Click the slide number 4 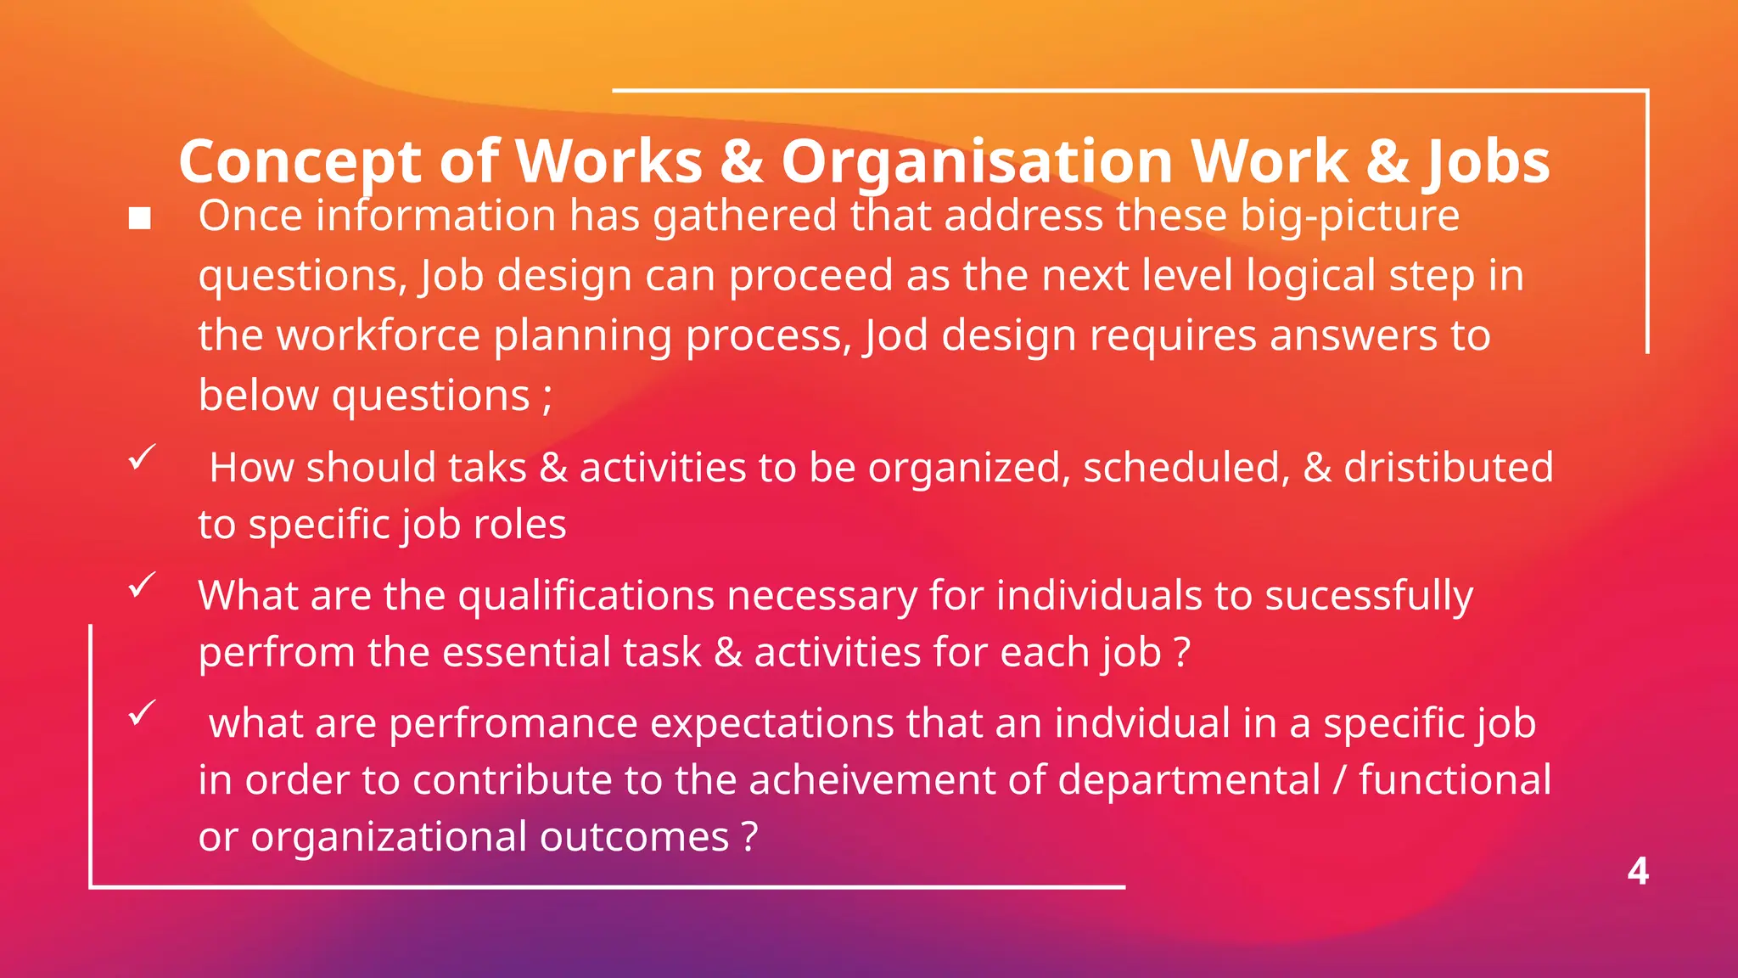click(1638, 872)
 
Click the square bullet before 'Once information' click(140, 219)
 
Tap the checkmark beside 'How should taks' click(142, 458)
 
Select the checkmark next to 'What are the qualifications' click(142, 585)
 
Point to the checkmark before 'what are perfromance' click(142, 712)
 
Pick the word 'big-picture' click(1349, 216)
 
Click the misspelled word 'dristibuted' click(1448, 468)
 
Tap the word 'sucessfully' click(1369, 596)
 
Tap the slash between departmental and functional click(1340, 780)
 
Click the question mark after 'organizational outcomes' click(749, 837)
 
